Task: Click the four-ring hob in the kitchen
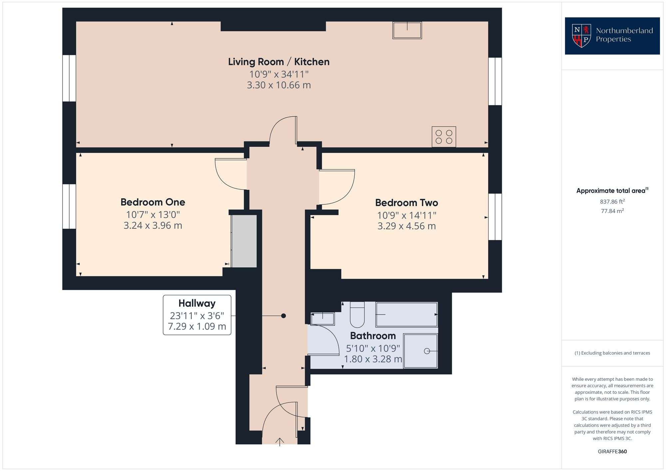pyautogui.click(x=444, y=137)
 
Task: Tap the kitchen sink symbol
pyautogui.click(x=407, y=30)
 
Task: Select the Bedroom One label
pyautogui.click(x=153, y=202)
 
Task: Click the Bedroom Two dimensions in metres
pyautogui.click(x=406, y=226)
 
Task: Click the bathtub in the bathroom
pyautogui.click(x=407, y=315)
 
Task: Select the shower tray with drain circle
pyautogui.click(x=420, y=351)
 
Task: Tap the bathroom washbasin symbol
pyautogui.click(x=322, y=319)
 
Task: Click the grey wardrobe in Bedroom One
pyautogui.click(x=244, y=241)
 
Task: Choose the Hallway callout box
pyautogui.click(x=197, y=315)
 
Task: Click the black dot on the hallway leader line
pyautogui.click(x=283, y=316)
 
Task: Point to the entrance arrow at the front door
pyautogui.click(x=280, y=441)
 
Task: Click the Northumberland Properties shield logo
pyautogui.click(x=581, y=36)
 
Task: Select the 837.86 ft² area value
pyautogui.click(x=612, y=202)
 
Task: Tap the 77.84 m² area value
pyautogui.click(x=612, y=211)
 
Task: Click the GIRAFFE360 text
pyautogui.click(x=612, y=452)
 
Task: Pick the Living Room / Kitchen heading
pyautogui.click(x=279, y=62)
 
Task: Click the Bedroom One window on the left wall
pyautogui.click(x=69, y=206)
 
